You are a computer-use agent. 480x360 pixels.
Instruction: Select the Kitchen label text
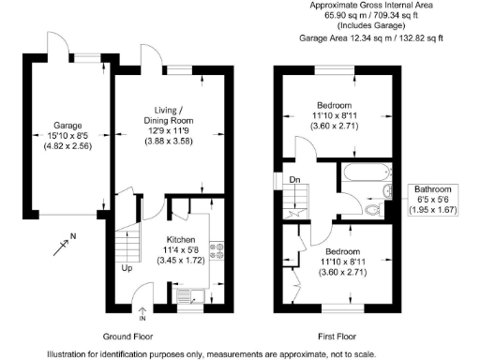click(x=181, y=238)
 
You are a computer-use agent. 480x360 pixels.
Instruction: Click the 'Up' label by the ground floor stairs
click(x=126, y=268)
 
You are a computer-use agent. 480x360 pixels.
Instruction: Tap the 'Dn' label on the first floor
click(x=293, y=180)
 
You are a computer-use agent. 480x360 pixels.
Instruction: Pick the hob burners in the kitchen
click(x=218, y=250)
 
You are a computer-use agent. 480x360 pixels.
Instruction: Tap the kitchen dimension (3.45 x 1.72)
click(x=181, y=260)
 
